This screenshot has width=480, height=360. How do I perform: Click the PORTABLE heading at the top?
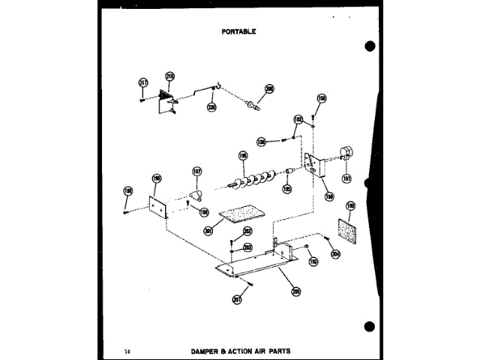(240, 31)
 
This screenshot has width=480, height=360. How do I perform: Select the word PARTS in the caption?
(275, 350)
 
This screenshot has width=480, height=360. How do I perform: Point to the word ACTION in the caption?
(241, 350)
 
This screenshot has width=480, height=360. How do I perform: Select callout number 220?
(211, 107)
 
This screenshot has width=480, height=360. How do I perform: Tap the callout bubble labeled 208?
(269, 88)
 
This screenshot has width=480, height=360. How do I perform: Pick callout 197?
(197, 171)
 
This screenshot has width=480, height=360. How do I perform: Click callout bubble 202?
(247, 231)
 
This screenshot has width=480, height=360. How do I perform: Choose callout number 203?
(247, 247)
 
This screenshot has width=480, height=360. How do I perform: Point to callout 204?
(335, 254)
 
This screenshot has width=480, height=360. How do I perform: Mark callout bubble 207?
(237, 299)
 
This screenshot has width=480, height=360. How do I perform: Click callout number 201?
(208, 230)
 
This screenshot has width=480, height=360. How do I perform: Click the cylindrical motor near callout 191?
(345, 153)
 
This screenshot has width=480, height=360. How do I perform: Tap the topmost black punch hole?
(369, 46)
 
